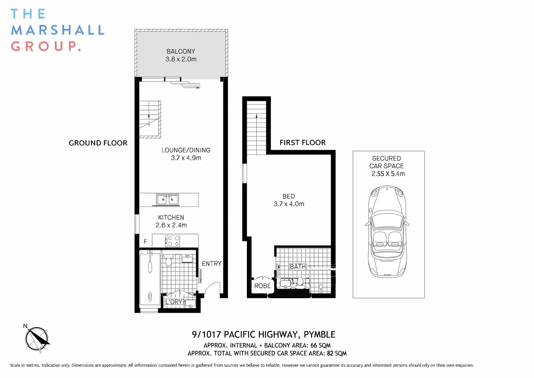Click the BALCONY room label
tap(181, 51)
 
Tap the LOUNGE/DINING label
tap(186, 150)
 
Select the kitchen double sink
tap(168, 199)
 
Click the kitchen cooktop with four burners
tap(172, 241)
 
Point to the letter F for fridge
tap(145, 241)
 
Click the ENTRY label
tap(212, 264)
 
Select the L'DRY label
tap(174, 302)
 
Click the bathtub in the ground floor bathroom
tap(150, 278)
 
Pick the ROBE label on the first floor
tap(262, 286)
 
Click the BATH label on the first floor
tap(298, 266)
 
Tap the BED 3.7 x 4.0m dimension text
tap(289, 204)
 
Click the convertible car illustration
tap(387, 231)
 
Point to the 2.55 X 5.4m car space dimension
tap(388, 174)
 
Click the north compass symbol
tap(36, 338)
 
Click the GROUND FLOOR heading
tap(98, 143)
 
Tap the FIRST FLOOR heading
tap(302, 142)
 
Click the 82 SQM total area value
tap(336, 353)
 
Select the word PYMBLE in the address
tap(319, 335)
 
